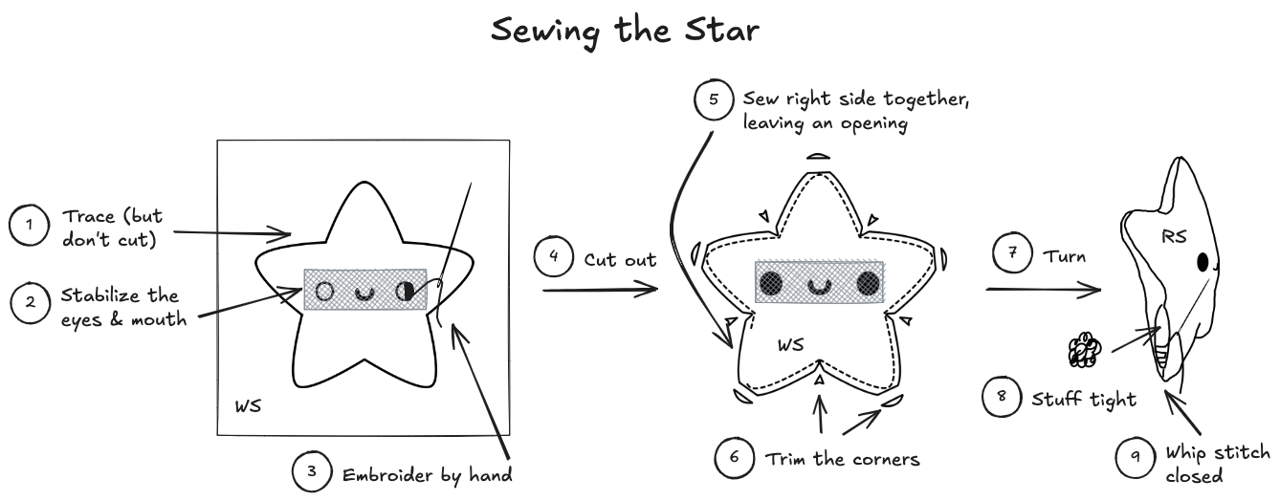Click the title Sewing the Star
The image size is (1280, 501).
[x=626, y=30]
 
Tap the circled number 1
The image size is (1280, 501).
[x=29, y=225]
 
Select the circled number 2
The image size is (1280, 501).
[x=30, y=303]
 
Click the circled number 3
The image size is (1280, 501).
[x=312, y=472]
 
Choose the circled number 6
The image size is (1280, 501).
[x=734, y=458]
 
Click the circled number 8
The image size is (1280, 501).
[x=1003, y=398]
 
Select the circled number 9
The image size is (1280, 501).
[x=1136, y=458]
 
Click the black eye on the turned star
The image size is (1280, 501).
[x=1203, y=261]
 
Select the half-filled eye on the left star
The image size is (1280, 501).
[x=406, y=291]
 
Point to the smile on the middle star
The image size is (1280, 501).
[x=819, y=285]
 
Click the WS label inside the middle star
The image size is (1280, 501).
[x=789, y=345]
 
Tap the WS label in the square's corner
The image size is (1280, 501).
[x=248, y=407]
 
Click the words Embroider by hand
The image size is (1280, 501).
[x=427, y=473]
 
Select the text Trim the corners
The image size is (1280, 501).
[x=842, y=459]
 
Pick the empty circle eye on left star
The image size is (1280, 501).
[x=324, y=291]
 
